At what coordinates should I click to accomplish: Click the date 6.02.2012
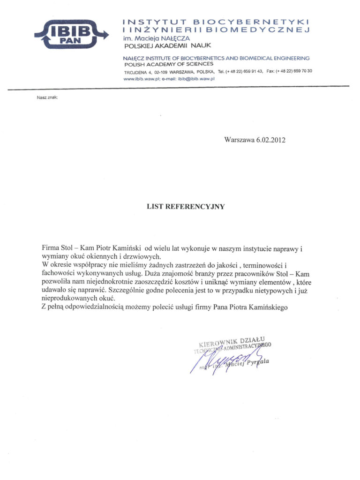pos(271,139)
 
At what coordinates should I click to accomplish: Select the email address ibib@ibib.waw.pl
pos(194,79)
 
